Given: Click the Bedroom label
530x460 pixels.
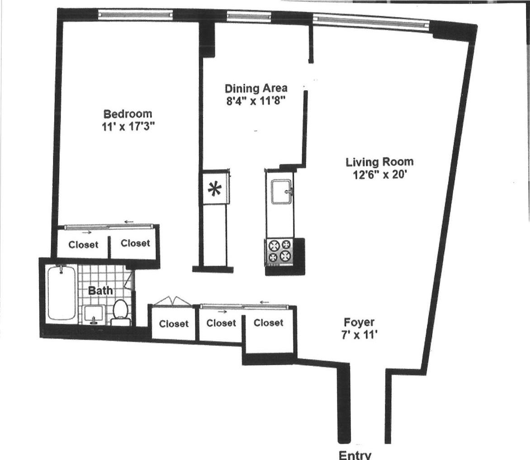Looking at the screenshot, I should pos(128,114).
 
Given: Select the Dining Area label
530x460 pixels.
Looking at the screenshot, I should pos(256,88).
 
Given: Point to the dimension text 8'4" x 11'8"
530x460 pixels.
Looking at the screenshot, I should pos(256,100).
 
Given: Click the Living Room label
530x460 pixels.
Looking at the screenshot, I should pos(379,162).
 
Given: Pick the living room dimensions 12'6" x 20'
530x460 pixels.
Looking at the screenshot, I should pos(379,174).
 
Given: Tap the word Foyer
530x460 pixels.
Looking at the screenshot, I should pos(359,323).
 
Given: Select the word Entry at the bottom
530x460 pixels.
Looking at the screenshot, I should pos(355,455).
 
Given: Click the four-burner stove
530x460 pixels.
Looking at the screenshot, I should pos(279,251).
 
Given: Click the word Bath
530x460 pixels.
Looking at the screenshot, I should pos(100,290).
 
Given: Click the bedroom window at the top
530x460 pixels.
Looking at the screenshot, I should pos(136,14).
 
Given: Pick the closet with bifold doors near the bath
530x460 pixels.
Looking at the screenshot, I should pos(174,323).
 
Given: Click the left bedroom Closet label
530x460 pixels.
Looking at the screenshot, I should pos(83,244).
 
